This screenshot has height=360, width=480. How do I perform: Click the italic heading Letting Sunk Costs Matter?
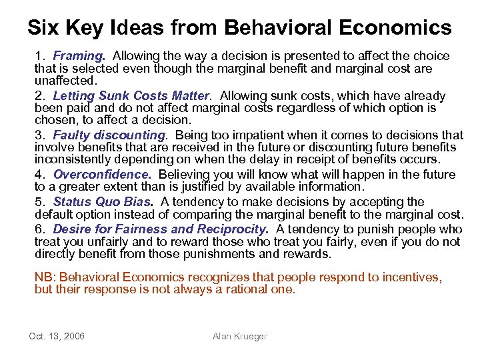click(131, 95)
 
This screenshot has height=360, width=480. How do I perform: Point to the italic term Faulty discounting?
click(109, 135)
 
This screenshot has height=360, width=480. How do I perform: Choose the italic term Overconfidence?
click(102, 175)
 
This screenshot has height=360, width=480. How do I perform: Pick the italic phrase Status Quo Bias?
click(103, 201)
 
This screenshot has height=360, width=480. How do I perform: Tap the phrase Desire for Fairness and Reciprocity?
click(160, 229)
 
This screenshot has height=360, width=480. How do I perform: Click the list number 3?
click(39, 135)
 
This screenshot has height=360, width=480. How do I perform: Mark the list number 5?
click(39, 201)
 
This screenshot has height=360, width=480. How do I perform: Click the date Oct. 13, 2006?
click(57, 337)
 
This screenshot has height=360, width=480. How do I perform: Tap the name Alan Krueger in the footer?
click(239, 337)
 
